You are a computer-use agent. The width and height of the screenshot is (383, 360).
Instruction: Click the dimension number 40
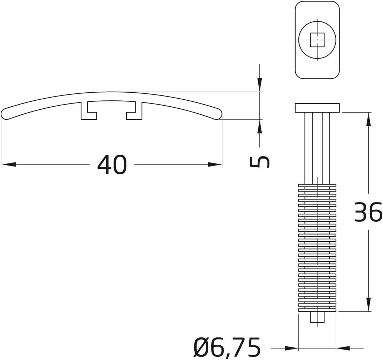(112, 165)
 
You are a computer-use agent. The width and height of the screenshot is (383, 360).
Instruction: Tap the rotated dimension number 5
(260, 162)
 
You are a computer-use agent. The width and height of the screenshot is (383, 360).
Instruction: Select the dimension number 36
(368, 213)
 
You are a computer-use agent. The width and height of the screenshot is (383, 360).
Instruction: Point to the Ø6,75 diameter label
(227, 348)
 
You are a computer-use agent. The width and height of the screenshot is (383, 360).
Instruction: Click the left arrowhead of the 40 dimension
(9, 164)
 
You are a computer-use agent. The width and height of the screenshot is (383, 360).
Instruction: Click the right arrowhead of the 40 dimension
(215, 164)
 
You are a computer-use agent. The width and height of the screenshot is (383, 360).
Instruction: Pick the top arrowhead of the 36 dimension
(368, 119)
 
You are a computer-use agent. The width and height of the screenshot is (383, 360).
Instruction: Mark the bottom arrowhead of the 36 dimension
(368, 304)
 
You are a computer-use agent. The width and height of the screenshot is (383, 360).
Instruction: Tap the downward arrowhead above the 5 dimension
(260, 85)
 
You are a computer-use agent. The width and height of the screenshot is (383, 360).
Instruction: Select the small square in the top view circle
(317, 40)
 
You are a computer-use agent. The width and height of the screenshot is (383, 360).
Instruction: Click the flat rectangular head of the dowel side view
(317, 108)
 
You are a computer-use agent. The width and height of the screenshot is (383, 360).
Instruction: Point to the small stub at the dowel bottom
(317, 317)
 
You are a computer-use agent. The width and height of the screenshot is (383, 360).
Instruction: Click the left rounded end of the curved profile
(6, 114)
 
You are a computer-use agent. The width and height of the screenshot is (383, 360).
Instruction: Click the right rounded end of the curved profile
(218, 114)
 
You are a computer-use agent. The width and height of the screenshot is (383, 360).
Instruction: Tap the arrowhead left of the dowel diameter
(291, 348)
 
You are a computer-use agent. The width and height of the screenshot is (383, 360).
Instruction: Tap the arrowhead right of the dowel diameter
(343, 348)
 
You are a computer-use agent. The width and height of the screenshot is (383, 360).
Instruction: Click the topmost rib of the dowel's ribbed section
(317, 185)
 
